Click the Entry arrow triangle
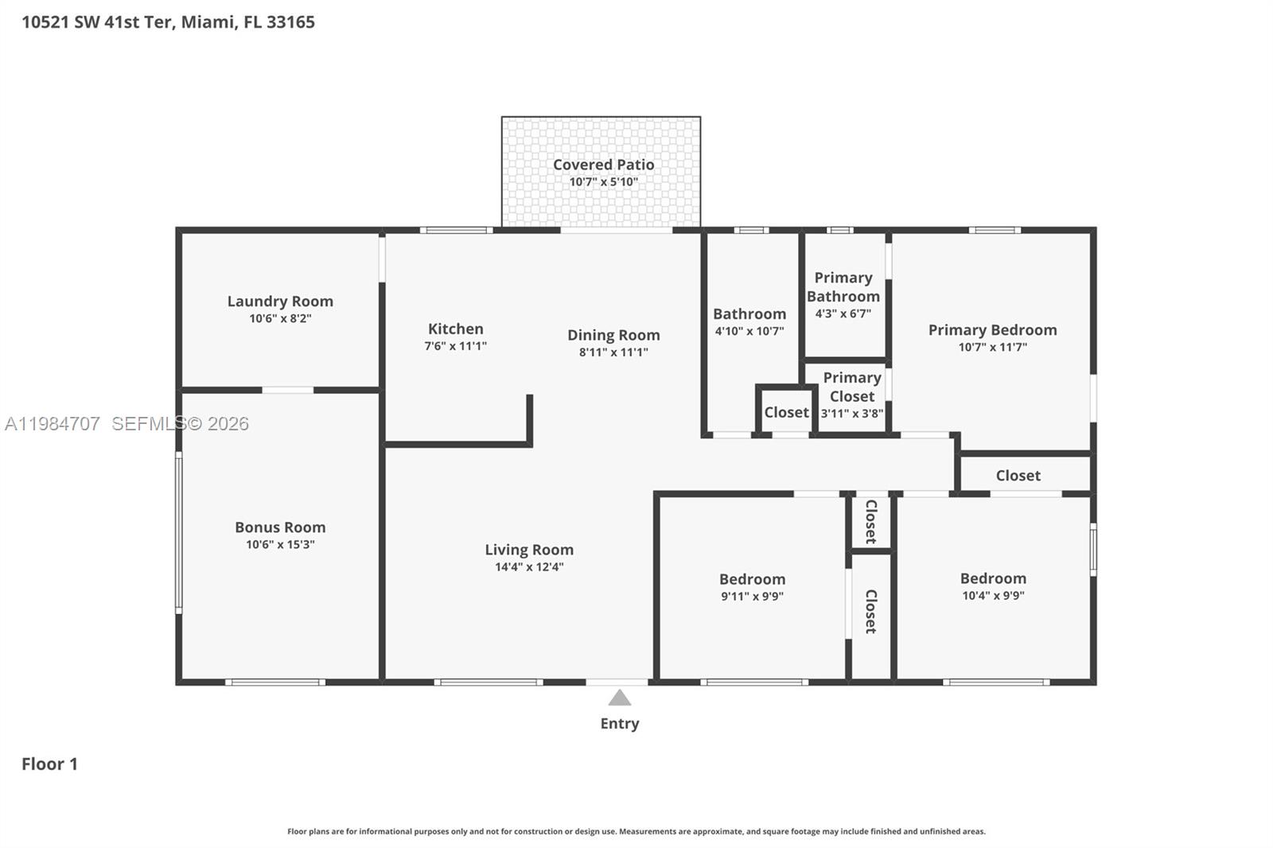pos(620,698)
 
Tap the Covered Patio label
pos(603,165)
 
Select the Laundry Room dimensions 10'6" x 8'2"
pos(280,318)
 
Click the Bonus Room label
pos(280,527)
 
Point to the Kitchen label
pos(455,329)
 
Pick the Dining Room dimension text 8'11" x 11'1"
pos(613,352)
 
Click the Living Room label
pos(529,550)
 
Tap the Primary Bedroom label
pos(992,329)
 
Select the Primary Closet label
pos(851,387)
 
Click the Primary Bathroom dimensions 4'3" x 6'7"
pos(843,313)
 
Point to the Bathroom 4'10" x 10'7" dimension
pos(749,331)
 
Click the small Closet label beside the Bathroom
pos(786,412)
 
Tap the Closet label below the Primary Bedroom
pos(1018,475)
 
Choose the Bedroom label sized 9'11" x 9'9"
pos(752,579)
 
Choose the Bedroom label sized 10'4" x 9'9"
pos(992,578)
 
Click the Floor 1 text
pos(49,764)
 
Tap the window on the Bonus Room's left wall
pos(179,532)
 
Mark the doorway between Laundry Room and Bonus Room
pos(287,390)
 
